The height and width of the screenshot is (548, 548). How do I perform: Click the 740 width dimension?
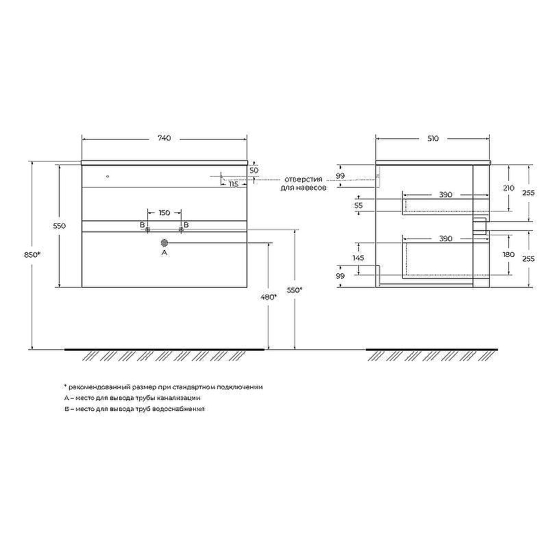tap(164, 138)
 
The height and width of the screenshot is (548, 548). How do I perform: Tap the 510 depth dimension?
tap(433, 139)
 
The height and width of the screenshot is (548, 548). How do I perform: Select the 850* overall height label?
tap(32, 255)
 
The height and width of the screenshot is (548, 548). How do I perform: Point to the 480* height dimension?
tap(269, 297)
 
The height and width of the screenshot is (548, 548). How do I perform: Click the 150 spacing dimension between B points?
tap(164, 212)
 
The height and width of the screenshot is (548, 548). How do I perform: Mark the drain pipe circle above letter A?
tap(164, 242)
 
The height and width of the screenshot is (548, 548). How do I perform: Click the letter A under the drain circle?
tap(164, 252)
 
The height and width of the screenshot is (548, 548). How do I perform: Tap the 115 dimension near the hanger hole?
tap(233, 184)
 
